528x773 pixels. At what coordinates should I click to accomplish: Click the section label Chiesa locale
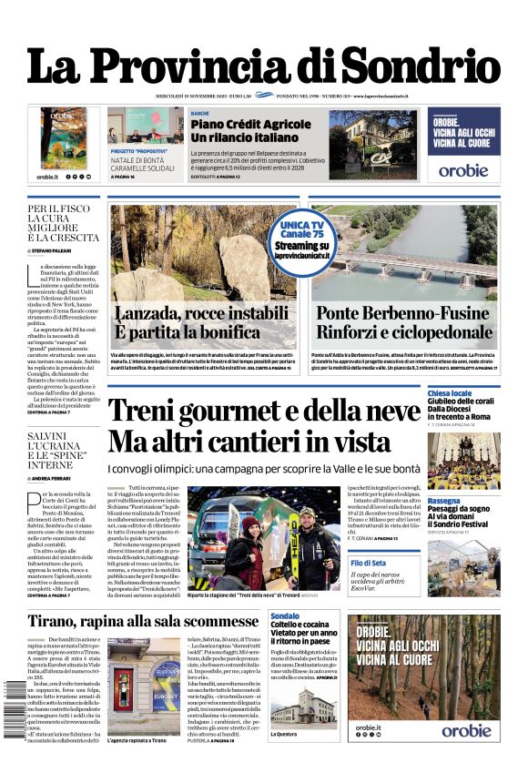pos(450,393)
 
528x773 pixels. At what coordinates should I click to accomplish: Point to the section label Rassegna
pos(443,501)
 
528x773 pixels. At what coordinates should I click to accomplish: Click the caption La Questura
pos(284,734)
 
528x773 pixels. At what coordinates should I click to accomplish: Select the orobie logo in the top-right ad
pos(463,169)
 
